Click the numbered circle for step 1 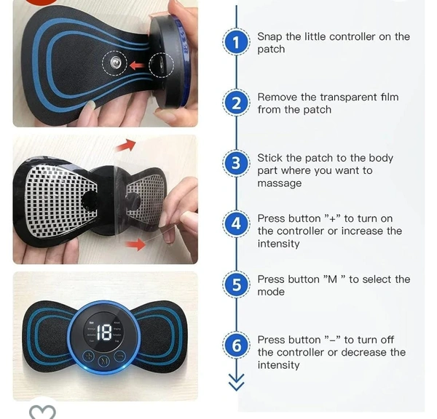click(235, 43)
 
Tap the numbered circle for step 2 click(235, 103)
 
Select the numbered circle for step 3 click(235, 164)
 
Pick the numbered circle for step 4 click(235, 224)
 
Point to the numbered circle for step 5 click(235, 284)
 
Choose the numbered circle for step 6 click(235, 345)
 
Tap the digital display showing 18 click(103, 333)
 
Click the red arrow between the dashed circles click(136, 65)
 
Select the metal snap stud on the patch click(115, 65)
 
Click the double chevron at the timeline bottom click(235, 381)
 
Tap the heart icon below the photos click(42, 412)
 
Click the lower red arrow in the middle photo click(135, 244)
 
